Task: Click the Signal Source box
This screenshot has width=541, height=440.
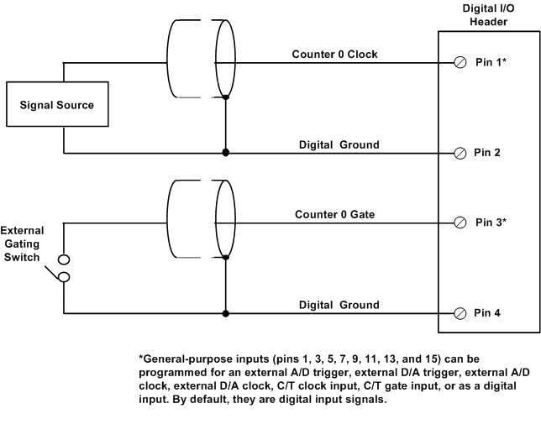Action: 57,105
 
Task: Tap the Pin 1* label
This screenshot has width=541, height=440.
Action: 491,63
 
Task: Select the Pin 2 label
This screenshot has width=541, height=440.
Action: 488,153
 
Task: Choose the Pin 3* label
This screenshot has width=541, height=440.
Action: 491,223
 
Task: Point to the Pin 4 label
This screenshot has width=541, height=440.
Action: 488,313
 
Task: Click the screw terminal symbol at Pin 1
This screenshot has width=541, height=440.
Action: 460,63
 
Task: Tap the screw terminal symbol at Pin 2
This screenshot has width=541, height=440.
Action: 460,153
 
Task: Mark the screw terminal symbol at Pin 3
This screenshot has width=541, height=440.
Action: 460,223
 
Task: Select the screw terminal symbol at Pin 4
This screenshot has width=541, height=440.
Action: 460,313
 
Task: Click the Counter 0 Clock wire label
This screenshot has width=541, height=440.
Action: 334,55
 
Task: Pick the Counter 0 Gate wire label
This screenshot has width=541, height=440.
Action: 334,214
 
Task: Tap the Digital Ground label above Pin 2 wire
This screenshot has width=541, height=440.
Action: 339,144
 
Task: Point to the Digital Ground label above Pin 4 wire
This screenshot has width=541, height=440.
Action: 339,305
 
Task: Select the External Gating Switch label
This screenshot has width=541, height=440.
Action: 23,242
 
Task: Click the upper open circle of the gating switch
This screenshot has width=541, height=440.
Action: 63,259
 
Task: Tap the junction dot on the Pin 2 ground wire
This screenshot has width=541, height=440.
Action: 225,153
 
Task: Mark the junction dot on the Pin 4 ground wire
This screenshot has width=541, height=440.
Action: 225,313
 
